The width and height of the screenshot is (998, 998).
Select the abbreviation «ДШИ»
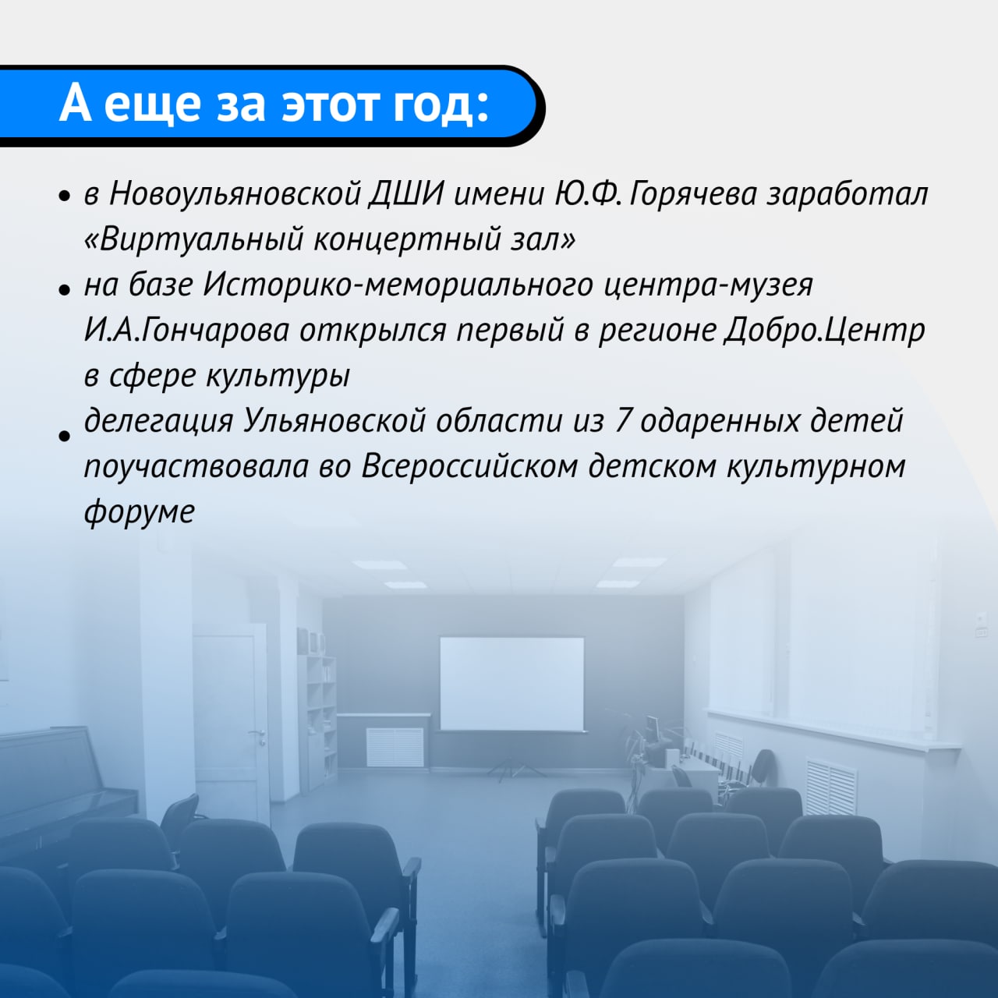(x=406, y=195)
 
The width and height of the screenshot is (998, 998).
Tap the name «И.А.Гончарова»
(x=186, y=330)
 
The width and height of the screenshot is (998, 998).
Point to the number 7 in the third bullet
(x=621, y=421)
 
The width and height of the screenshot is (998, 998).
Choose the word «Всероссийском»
(x=469, y=466)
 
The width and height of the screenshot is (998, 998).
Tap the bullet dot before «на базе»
(x=64, y=291)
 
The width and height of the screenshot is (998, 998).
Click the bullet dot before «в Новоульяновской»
(x=64, y=196)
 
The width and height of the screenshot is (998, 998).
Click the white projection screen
(x=511, y=684)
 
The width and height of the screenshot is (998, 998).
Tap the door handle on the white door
(x=257, y=734)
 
